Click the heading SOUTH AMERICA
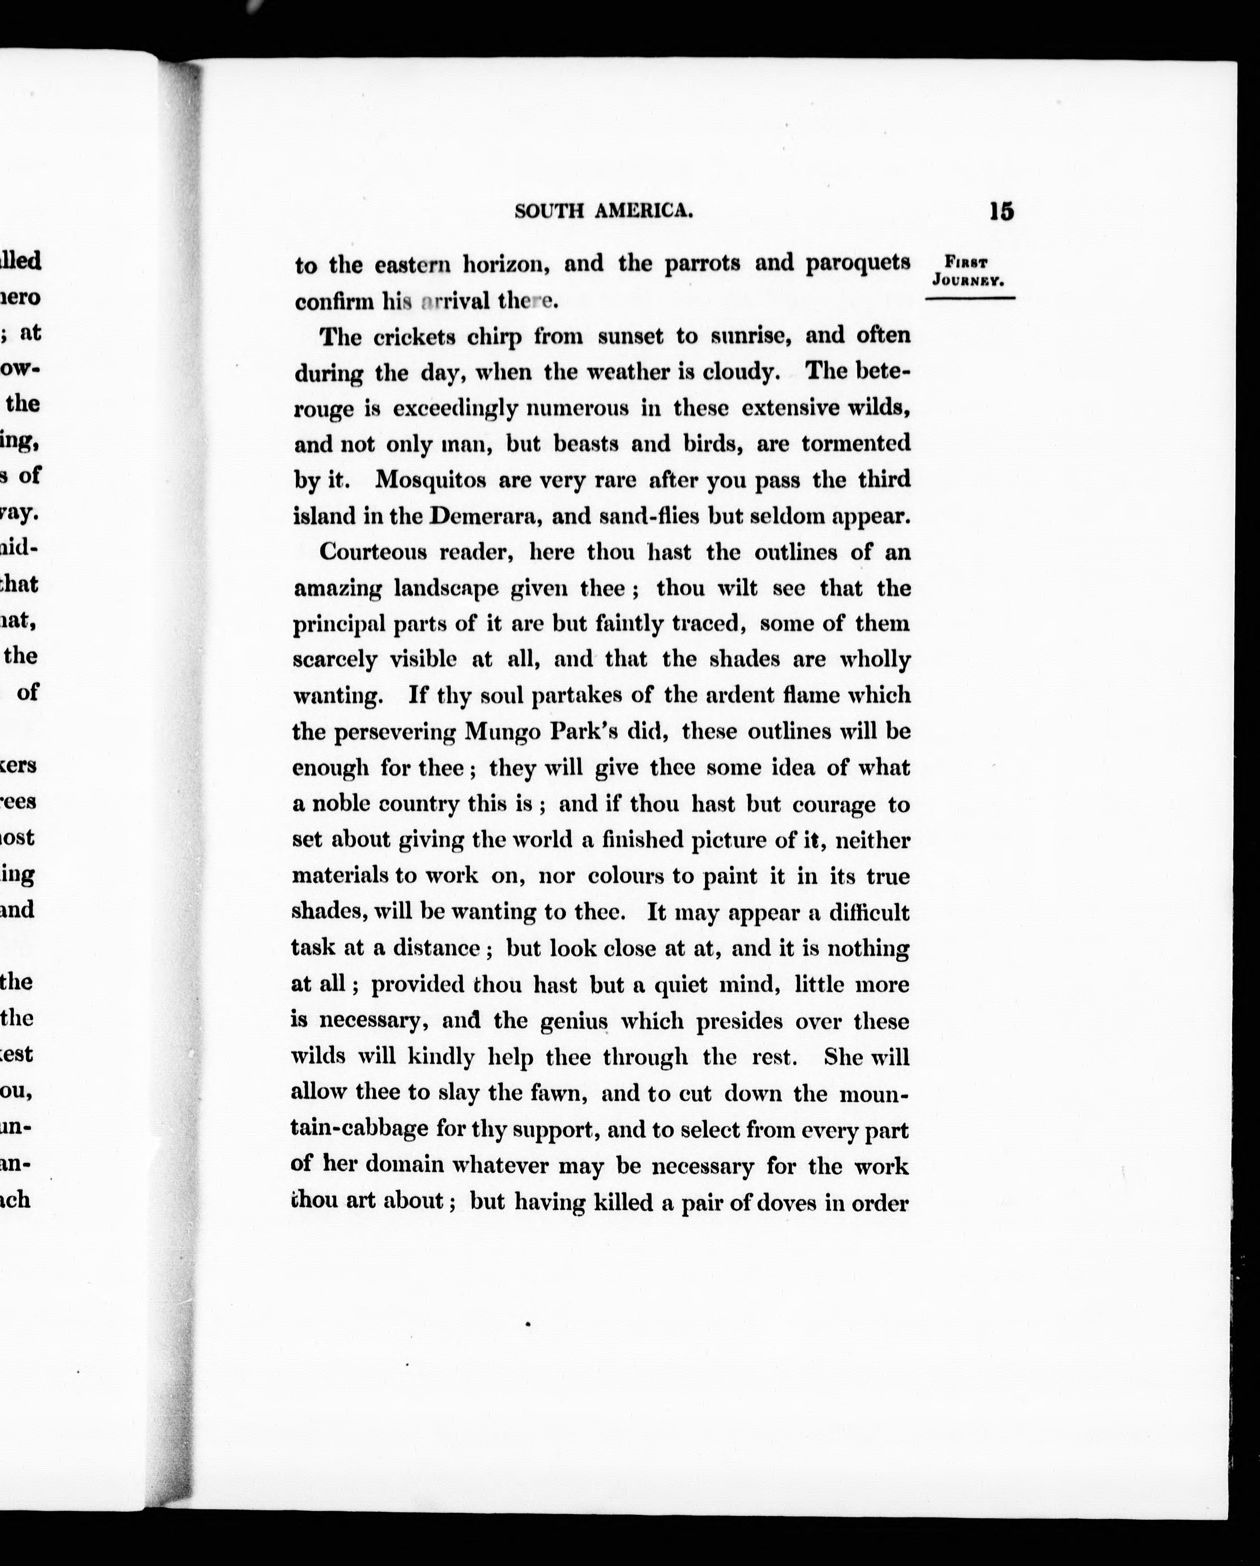[x=603, y=211]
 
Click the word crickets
[x=409, y=337]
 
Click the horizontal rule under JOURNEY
[x=970, y=298]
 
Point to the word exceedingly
[x=455, y=409]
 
